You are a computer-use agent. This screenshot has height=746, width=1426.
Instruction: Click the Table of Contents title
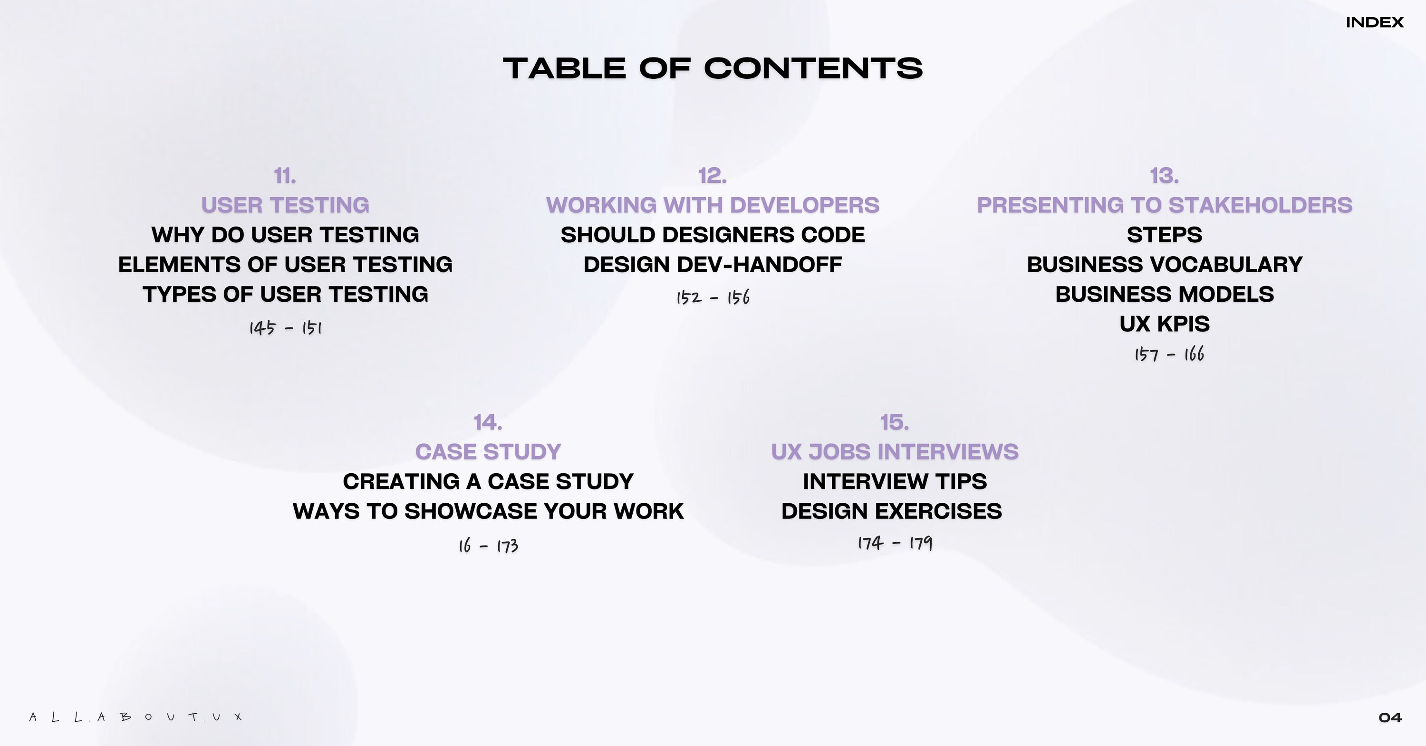(x=713, y=68)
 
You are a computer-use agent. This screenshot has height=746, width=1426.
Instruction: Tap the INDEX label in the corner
(x=1375, y=23)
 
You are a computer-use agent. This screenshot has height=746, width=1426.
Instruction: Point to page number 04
(x=1389, y=718)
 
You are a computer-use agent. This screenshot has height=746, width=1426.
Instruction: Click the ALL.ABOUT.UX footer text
(x=135, y=717)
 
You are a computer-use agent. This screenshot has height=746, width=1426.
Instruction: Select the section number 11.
(x=285, y=176)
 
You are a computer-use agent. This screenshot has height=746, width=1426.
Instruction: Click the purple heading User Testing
(x=285, y=205)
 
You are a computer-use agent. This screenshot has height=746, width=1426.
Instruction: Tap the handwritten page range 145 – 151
(x=285, y=328)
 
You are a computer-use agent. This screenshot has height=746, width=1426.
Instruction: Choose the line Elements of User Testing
(x=285, y=265)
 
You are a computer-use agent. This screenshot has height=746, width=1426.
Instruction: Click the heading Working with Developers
(x=713, y=205)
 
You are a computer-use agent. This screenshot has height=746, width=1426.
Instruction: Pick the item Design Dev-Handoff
(x=713, y=265)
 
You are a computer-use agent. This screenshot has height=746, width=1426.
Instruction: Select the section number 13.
(x=1164, y=176)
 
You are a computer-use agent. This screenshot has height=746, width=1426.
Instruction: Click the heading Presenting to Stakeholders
(x=1164, y=205)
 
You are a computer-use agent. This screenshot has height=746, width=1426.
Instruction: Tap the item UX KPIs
(x=1164, y=324)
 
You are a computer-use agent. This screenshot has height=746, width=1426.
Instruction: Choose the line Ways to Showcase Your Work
(x=488, y=511)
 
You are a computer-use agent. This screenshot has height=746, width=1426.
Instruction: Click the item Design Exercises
(x=891, y=511)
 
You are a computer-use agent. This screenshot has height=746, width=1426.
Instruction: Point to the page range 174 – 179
(x=895, y=543)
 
